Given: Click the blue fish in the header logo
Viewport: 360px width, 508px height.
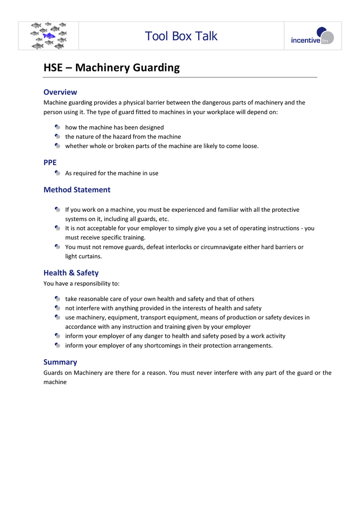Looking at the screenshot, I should [x=49, y=36].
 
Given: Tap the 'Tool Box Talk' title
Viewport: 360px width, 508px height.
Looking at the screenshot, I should [x=181, y=36].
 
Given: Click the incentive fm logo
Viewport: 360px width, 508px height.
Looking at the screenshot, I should [x=312, y=36].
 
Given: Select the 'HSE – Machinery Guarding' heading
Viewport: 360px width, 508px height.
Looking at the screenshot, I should [x=112, y=68].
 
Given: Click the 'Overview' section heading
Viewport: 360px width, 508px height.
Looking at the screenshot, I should [x=60, y=92].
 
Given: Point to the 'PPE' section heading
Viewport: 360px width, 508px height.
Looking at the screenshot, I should [x=50, y=162].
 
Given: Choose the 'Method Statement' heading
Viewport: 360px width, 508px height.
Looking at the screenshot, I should [x=77, y=190].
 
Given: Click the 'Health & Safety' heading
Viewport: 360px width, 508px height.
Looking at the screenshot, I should [x=71, y=273].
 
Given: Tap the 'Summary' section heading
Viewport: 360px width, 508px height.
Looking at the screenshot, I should [x=60, y=362].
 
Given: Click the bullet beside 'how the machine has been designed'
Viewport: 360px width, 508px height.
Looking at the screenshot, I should [x=58, y=127].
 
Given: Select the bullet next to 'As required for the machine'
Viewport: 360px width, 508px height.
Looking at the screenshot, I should [x=58, y=173].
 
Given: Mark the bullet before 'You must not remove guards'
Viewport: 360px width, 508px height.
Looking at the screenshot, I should [x=58, y=247].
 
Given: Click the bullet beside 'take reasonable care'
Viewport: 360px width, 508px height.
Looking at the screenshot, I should [x=58, y=299].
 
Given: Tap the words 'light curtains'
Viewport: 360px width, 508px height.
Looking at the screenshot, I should [x=83, y=256].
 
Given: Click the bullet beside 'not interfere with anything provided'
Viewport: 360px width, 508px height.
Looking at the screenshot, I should [x=58, y=308].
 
